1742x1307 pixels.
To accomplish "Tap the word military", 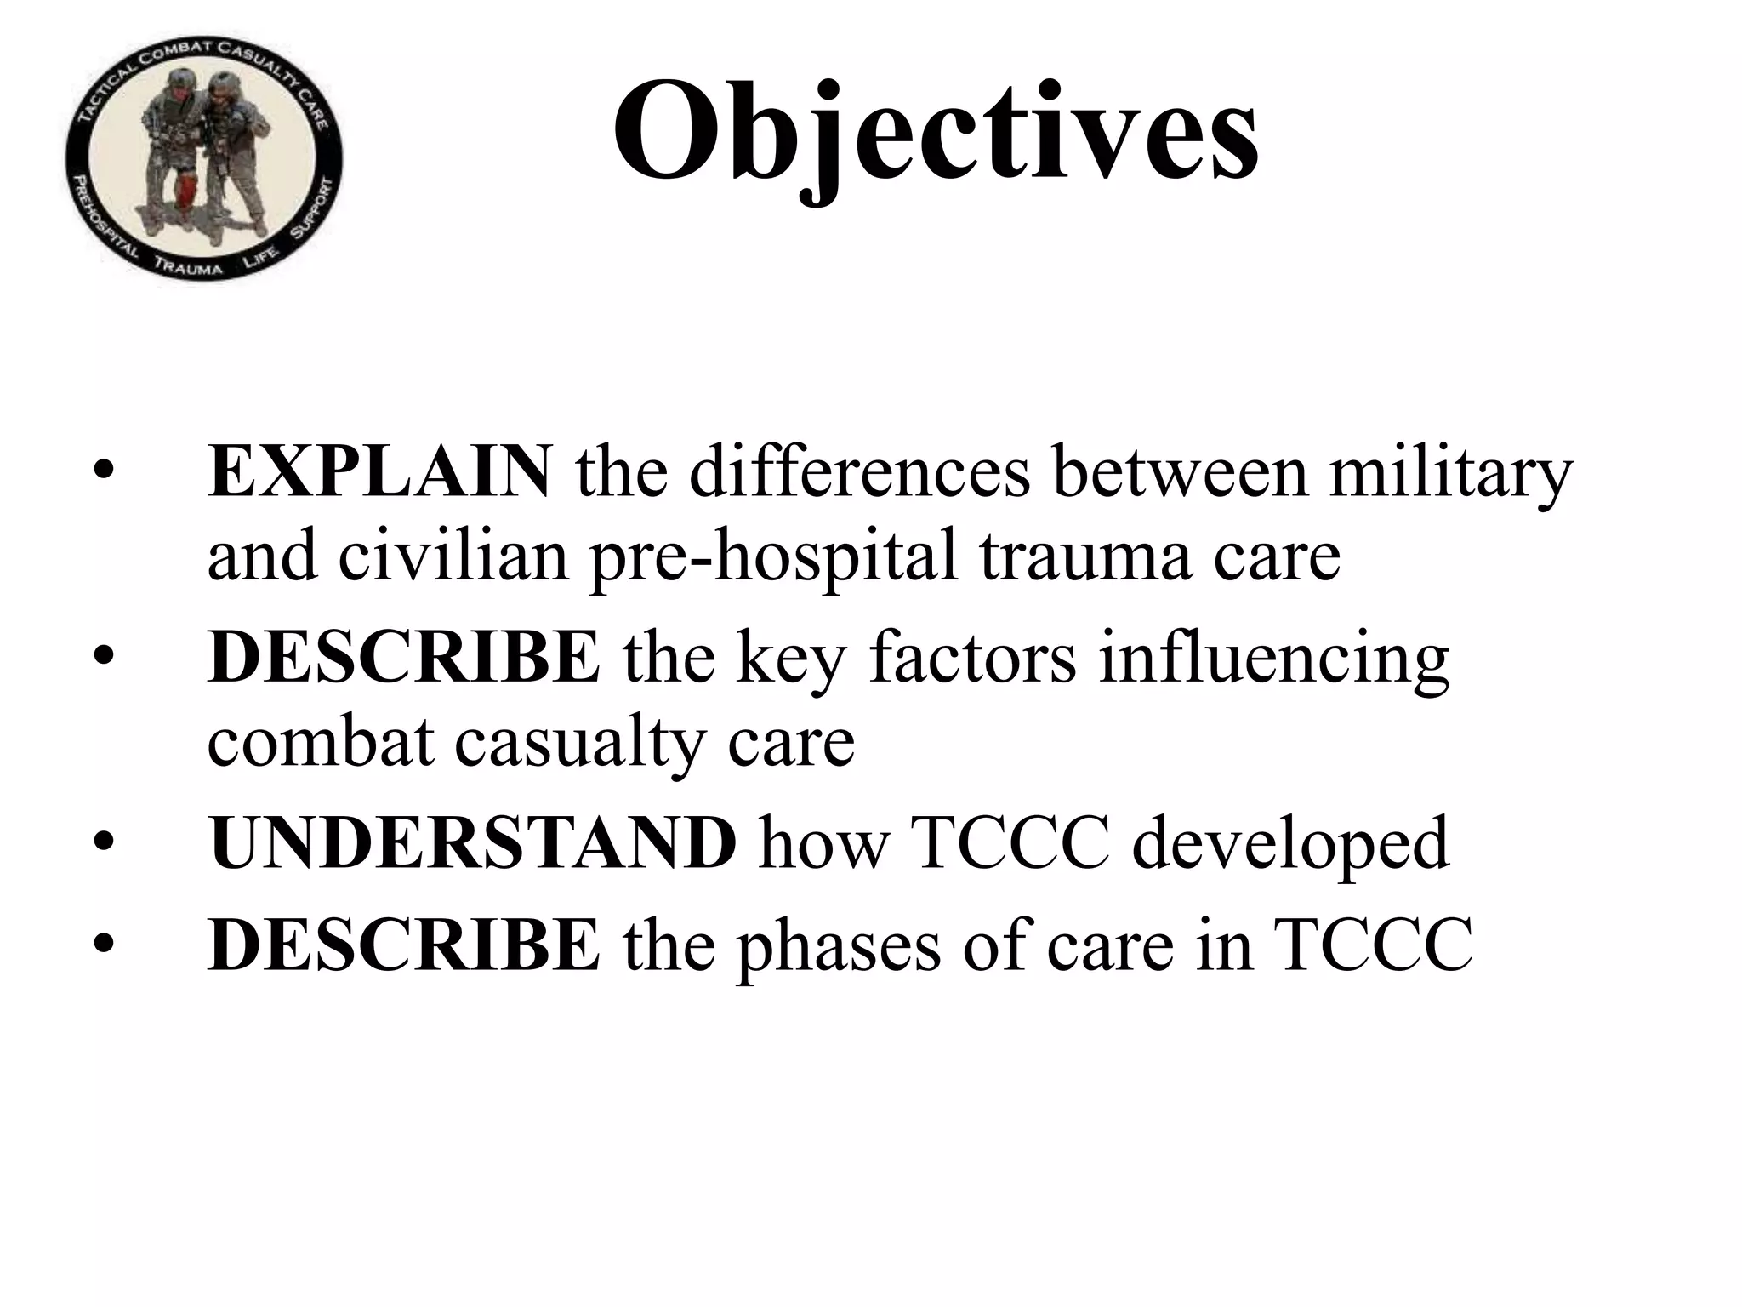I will (1450, 472).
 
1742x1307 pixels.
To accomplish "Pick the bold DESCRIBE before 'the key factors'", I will (403, 657).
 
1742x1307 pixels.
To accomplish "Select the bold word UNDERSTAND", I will (472, 842).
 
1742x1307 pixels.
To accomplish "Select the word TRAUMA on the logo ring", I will (188, 265).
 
